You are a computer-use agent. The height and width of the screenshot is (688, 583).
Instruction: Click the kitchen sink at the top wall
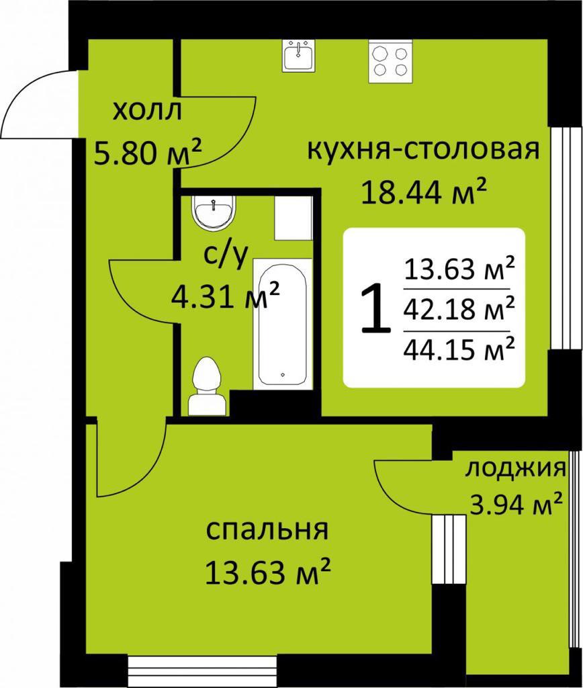pos(298,55)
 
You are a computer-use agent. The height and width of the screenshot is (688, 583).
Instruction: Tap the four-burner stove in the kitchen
pos(390,61)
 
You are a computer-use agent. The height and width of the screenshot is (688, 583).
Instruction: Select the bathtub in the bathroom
pos(283,324)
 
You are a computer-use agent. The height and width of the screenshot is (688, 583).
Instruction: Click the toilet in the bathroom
pos(206,386)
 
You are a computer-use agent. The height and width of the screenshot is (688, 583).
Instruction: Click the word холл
pos(147,112)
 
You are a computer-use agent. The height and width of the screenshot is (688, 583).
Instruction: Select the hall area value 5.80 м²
pos(148,152)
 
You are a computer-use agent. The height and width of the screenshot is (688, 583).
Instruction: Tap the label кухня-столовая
pos(423,150)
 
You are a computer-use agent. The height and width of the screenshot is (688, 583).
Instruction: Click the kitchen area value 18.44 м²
pos(424,191)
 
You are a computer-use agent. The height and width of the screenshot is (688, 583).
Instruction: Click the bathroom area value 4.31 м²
pos(225,296)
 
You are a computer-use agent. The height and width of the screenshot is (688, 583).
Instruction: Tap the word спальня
pos(267,530)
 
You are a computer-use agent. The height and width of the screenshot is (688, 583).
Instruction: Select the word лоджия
pos(515,469)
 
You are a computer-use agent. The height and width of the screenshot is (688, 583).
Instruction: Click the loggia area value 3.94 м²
pos(515,504)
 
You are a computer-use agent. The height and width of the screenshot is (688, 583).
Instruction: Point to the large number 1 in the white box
pos(375,308)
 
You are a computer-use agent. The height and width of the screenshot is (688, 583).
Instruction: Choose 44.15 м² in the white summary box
pos(459,349)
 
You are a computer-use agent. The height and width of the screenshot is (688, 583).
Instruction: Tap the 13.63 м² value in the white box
pos(459,269)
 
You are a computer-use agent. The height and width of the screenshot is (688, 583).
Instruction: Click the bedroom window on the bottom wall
pos(203,671)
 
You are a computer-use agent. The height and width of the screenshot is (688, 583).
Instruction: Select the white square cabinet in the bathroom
pos(294,218)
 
